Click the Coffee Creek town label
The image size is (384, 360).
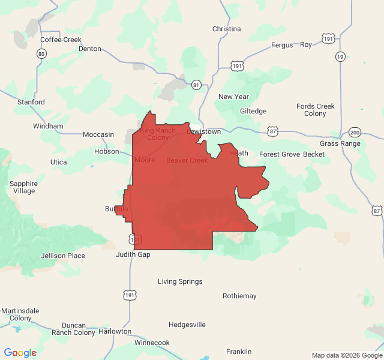pyautogui.click(x=61, y=40)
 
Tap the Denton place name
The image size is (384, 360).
pyautogui.click(x=90, y=49)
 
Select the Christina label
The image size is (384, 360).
pyautogui.click(x=226, y=29)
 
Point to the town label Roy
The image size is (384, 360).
pyautogui.click(x=306, y=44)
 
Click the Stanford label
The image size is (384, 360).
pyautogui.click(x=31, y=102)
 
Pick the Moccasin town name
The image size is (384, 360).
pyautogui.click(x=98, y=134)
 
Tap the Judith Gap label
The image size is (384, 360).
pyautogui.click(x=133, y=254)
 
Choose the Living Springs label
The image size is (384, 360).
pyautogui.click(x=180, y=281)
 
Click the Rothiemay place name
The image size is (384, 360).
pyautogui.click(x=239, y=296)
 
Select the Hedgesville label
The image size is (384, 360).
pyautogui.click(x=187, y=325)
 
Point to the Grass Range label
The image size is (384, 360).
pyautogui.click(x=340, y=143)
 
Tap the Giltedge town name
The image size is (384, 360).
pyautogui.click(x=253, y=111)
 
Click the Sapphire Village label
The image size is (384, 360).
pyautogui.click(x=24, y=187)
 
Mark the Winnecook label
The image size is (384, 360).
pyautogui.click(x=152, y=343)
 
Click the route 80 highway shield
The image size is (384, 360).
pyautogui.click(x=41, y=54)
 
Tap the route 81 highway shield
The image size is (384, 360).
pyautogui.click(x=196, y=85)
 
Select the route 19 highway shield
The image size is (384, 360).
pyautogui.click(x=340, y=56)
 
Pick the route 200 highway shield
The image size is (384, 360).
pyautogui.click(x=355, y=133)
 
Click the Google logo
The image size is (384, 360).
pyautogui.click(x=20, y=353)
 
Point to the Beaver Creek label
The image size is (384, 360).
pyautogui.click(x=187, y=160)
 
